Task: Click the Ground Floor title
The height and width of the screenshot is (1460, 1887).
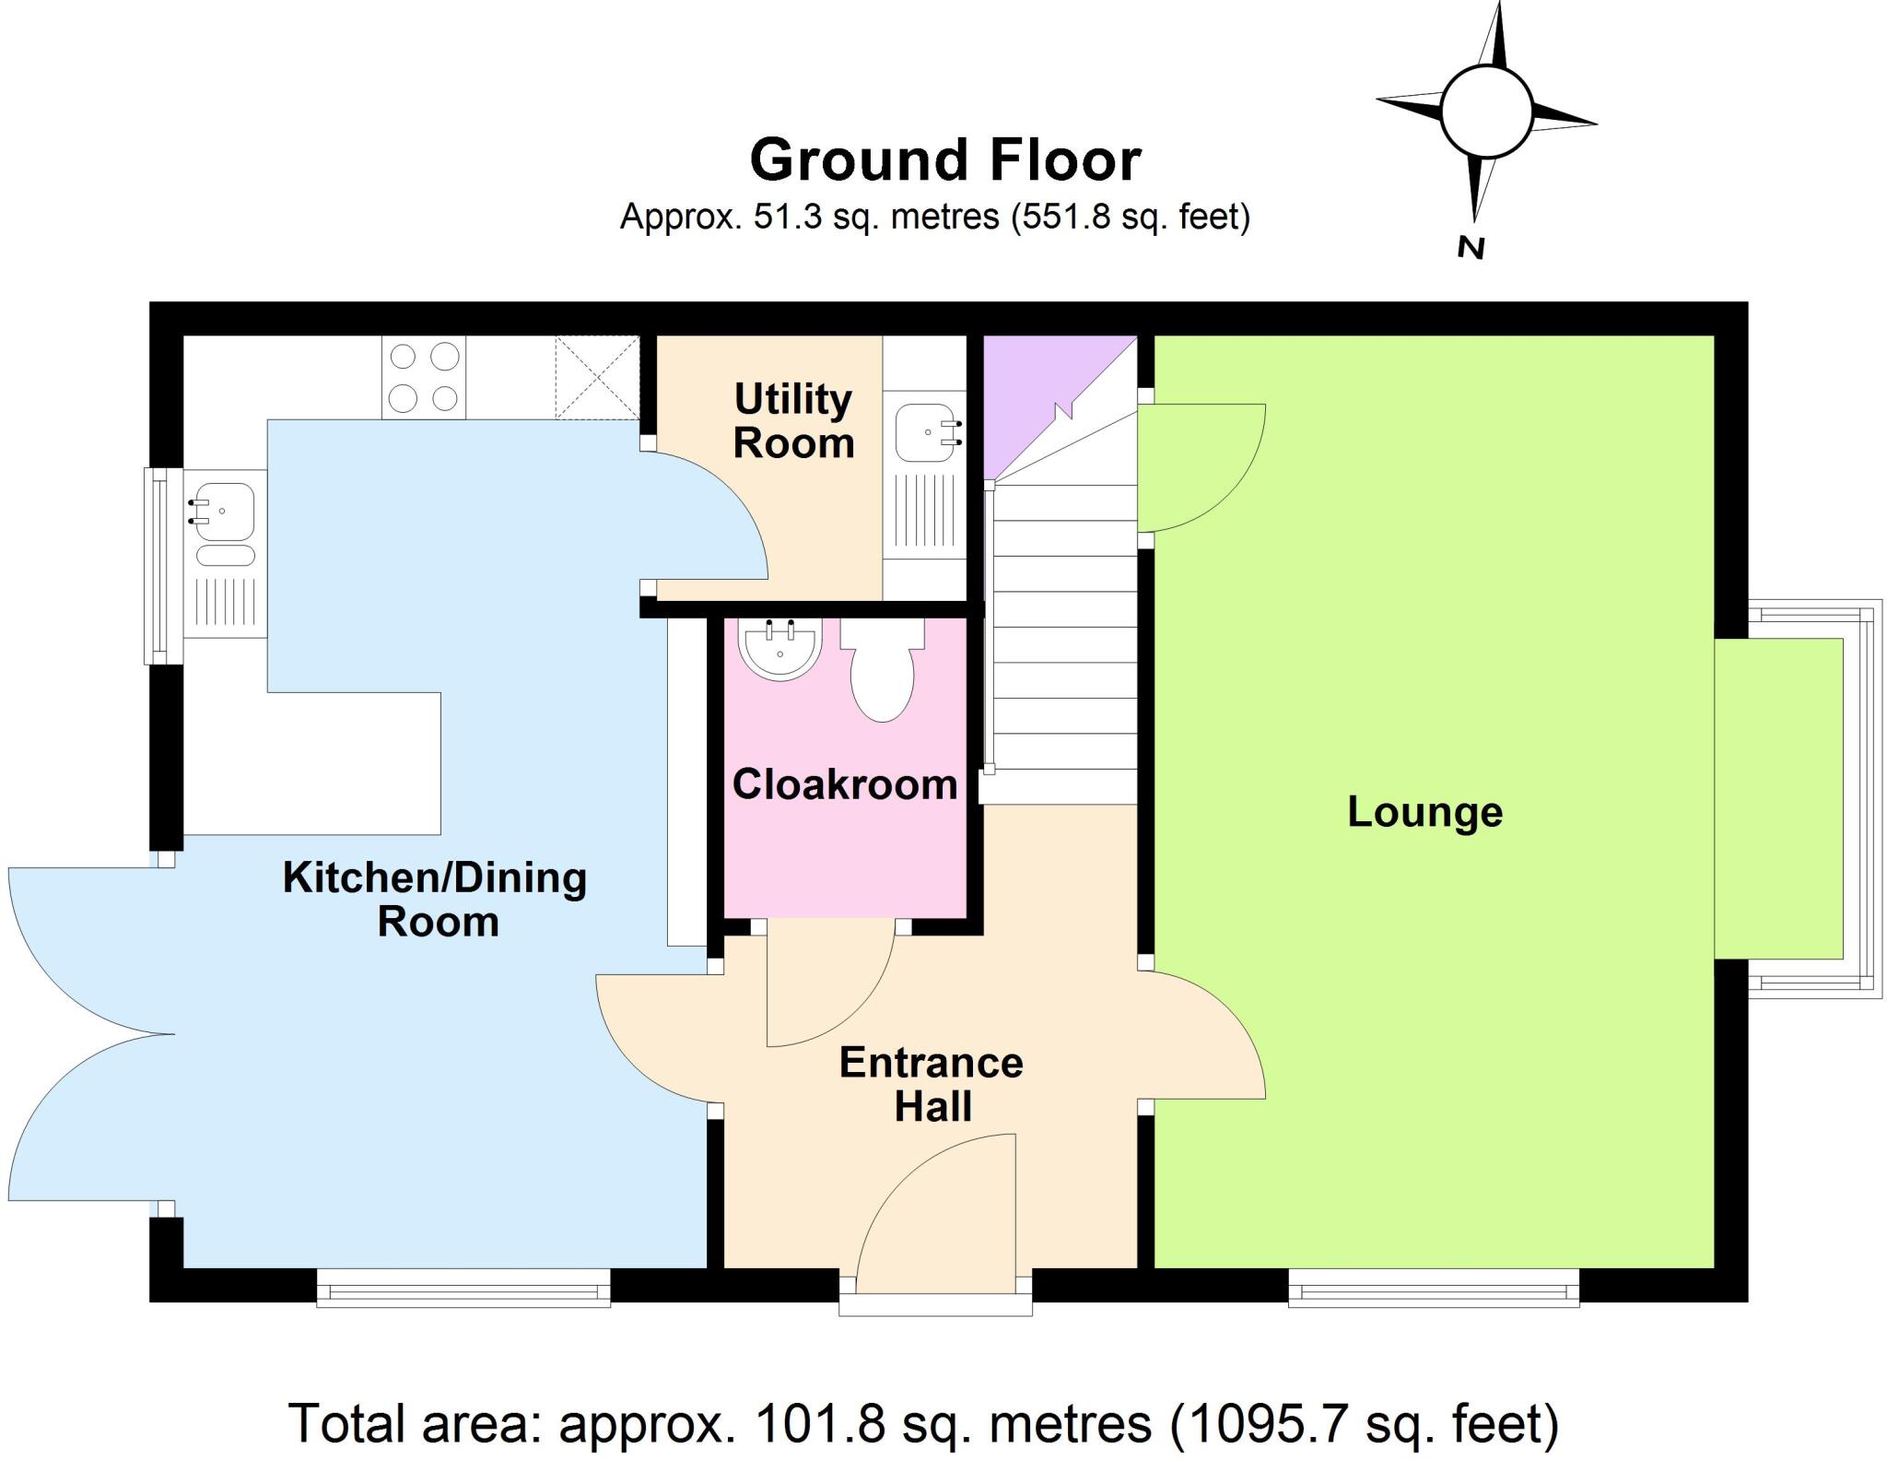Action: (x=945, y=161)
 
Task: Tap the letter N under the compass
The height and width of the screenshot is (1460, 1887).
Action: (x=1471, y=247)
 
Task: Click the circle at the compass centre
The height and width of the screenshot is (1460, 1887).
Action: (x=1485, y=112)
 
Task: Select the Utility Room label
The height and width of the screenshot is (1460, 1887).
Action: (x=793, y=421)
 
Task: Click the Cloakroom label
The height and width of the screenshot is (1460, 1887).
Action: (x=845, y=784)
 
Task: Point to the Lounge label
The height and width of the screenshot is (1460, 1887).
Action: (x=1424, y=812)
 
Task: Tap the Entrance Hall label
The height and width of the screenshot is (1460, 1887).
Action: (x=932, y=1084)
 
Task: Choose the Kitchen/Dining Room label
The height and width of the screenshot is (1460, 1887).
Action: (x=435, y=899)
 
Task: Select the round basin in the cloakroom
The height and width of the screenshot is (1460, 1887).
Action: (x=780, y=649)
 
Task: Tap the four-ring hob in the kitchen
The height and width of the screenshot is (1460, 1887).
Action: (x=424, y=377)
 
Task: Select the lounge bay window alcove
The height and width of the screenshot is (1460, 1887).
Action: (x=1778, y=798)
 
